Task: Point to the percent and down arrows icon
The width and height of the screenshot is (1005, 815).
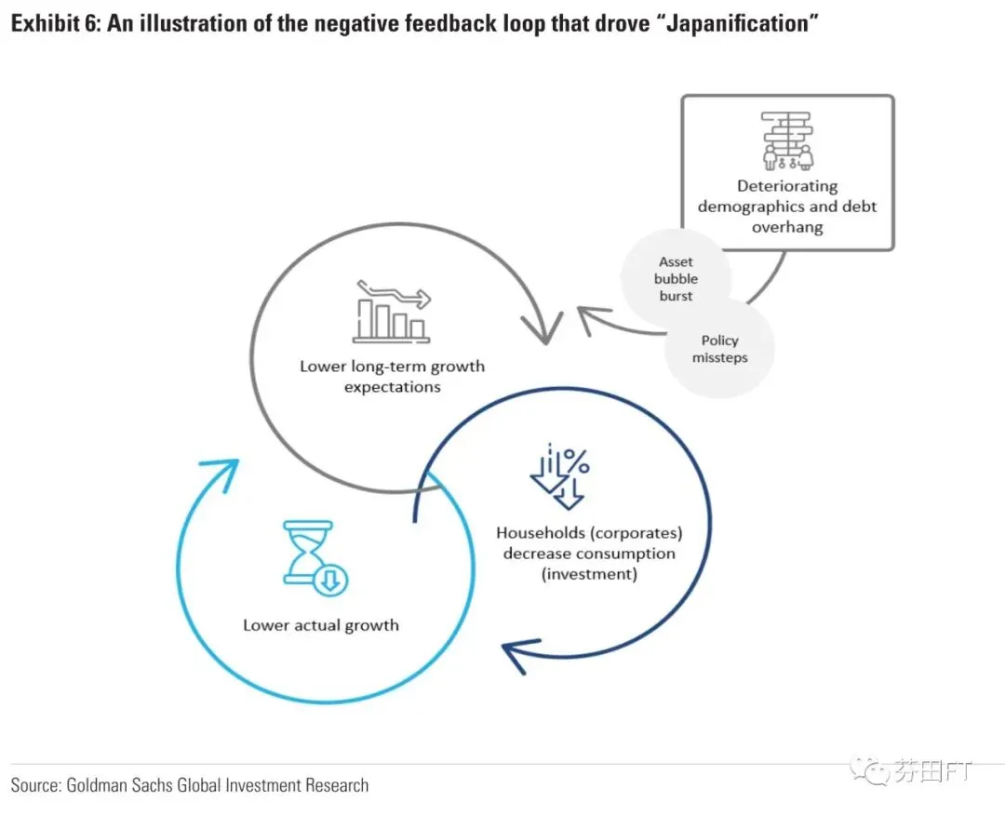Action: point(560,477)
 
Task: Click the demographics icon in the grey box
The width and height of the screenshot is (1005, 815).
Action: point(786,140)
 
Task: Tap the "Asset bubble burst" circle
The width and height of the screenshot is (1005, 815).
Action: point(677,279)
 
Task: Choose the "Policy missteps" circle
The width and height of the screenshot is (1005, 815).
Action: point(719,349)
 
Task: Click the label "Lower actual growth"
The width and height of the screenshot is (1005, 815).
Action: point(321,625)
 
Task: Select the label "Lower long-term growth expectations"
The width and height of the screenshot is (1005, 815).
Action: point(392,376)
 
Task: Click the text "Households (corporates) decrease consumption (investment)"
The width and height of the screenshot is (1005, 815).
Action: point(589,554)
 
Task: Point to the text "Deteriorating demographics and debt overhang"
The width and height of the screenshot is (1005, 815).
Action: point(787,207)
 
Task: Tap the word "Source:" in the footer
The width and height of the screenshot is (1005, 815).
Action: point(35,785)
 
